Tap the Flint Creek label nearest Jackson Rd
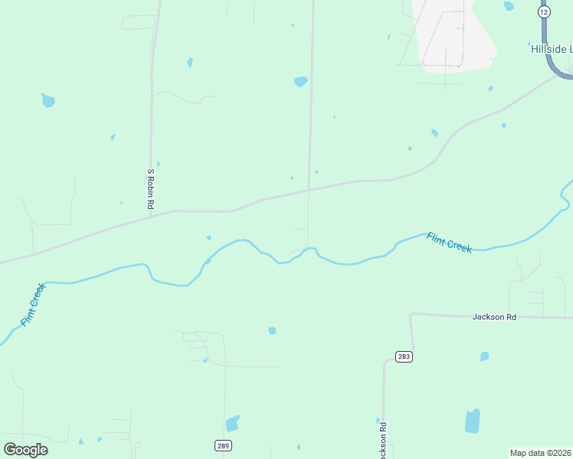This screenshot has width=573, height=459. pyautogui.click(x=449, y=243)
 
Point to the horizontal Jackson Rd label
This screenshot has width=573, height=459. pyautogui.click(x=494, y=316)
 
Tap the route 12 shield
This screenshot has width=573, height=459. pyautogui.click(x=544, y=12)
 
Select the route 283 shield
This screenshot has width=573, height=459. pyautogui.click(x=404, y=356)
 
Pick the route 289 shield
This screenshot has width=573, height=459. pyautogui.click(x=222, y=445)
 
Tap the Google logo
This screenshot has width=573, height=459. pyautogui.click(x=26, y=449)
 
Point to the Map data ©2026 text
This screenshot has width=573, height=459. pyautogui.click(x=540, y=453)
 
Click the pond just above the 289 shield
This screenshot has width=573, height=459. pyautogui.click(x=232, y=423)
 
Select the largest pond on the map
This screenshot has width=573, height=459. pyautogui.click(x=472, y=421)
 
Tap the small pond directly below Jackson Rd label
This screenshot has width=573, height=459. pyautogui.click(x=484, y=356)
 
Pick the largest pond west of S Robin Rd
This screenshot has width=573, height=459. pyautogui.click(x=48, y=100)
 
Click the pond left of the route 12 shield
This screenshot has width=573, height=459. pyautogui.click(x=509, y=6)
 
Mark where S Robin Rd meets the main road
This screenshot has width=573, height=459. pyautogui.click(x=152, y=215)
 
